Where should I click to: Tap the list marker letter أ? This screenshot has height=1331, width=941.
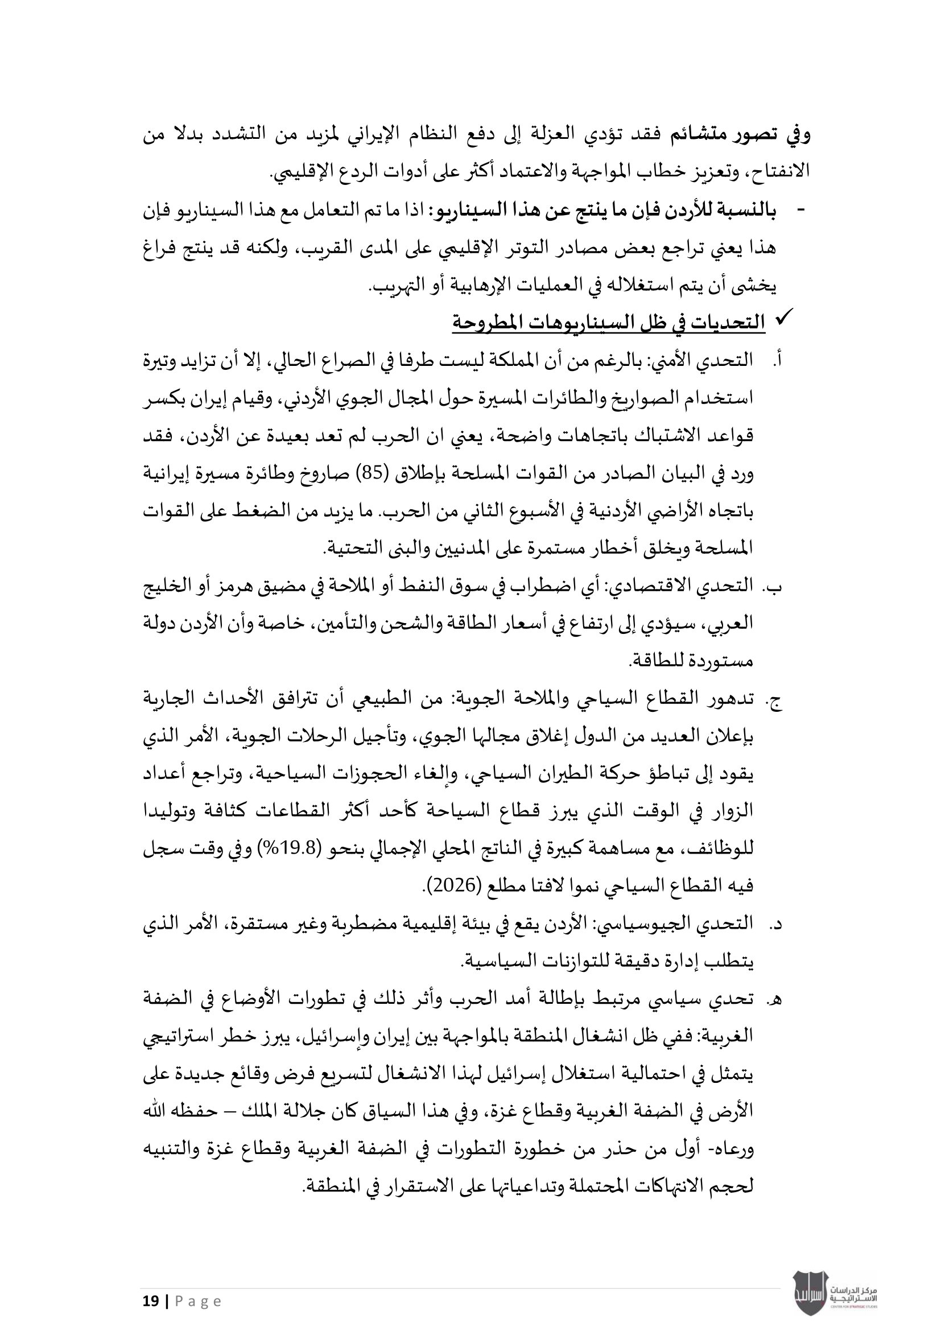click(x=777, y=361)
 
